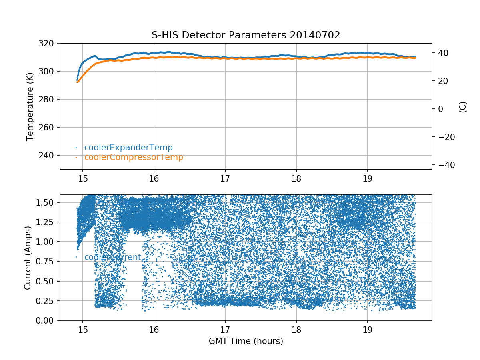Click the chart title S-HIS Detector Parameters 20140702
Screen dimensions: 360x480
pyautogui.click(x=246, y=35)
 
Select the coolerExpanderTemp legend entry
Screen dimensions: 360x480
pyautogui.click(x=128, y=148)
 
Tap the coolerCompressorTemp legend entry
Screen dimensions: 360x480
pyautogui.click(x=134, y=157)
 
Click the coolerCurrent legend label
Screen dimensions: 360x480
pyautogui.click(x=112, y=257)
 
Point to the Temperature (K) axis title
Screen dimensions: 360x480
pyautogui.click(x=30, y=106)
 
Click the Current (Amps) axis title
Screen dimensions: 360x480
pyautogui.click(x=28, y=257)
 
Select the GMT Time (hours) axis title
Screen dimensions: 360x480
pyautogui.click(x=246, y=341)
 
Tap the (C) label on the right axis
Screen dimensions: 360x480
pyautogui.click(x=463, y=107)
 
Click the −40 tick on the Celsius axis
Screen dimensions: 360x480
pyautogui.click(x=444, y=165)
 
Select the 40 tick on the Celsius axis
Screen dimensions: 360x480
pyautogui.click(x=443, y=53)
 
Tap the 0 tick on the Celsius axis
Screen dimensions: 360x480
pyautogui.click(x=440, y=109)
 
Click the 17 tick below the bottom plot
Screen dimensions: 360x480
pyautogui.click(x=225, y=329)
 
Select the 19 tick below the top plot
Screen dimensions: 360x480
pyautogui.click(x=367, y=178)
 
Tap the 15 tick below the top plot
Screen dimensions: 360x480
pyautogui.click(x=82, y=178)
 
